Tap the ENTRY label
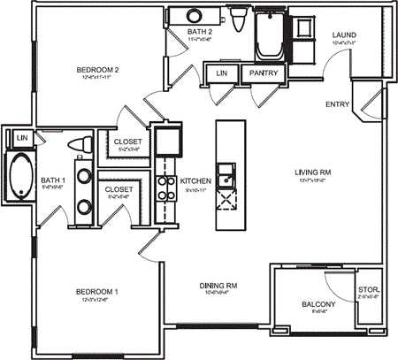337,104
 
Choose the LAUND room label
344,35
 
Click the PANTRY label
263,73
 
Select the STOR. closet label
368,291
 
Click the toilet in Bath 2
238,19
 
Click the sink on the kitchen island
227,173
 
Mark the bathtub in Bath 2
268,35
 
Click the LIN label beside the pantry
221,73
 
